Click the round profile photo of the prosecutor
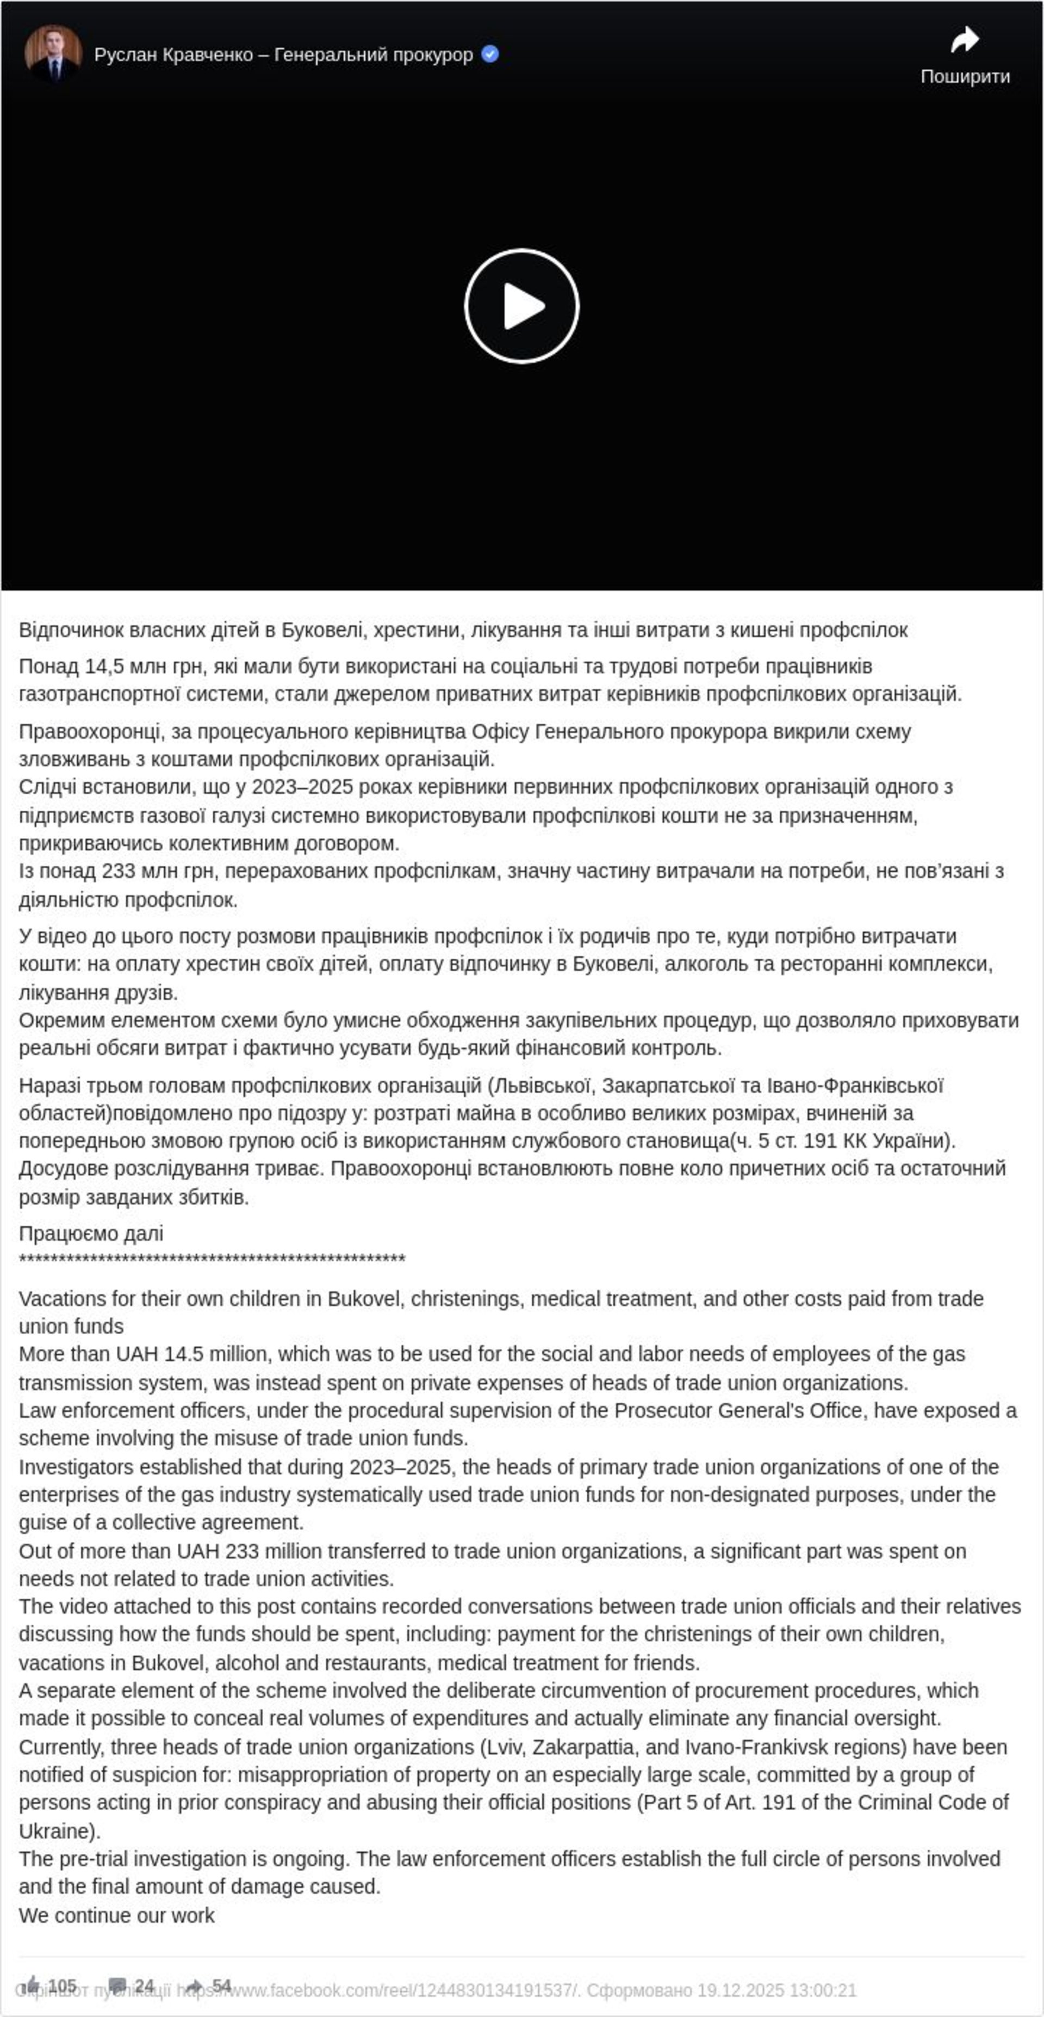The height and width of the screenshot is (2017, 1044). [x=53, y=53]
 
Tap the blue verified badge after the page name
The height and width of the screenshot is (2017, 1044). [x=490, y=54]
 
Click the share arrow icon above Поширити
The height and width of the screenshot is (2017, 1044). [x=964, y=40]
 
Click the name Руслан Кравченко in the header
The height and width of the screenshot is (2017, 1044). [x=173, y=55]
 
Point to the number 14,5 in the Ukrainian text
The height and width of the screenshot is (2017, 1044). [x=104, y=667]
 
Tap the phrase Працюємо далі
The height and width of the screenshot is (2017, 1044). [x=91, y=1234]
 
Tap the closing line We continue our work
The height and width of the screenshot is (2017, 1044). [x=116, y=1915]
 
